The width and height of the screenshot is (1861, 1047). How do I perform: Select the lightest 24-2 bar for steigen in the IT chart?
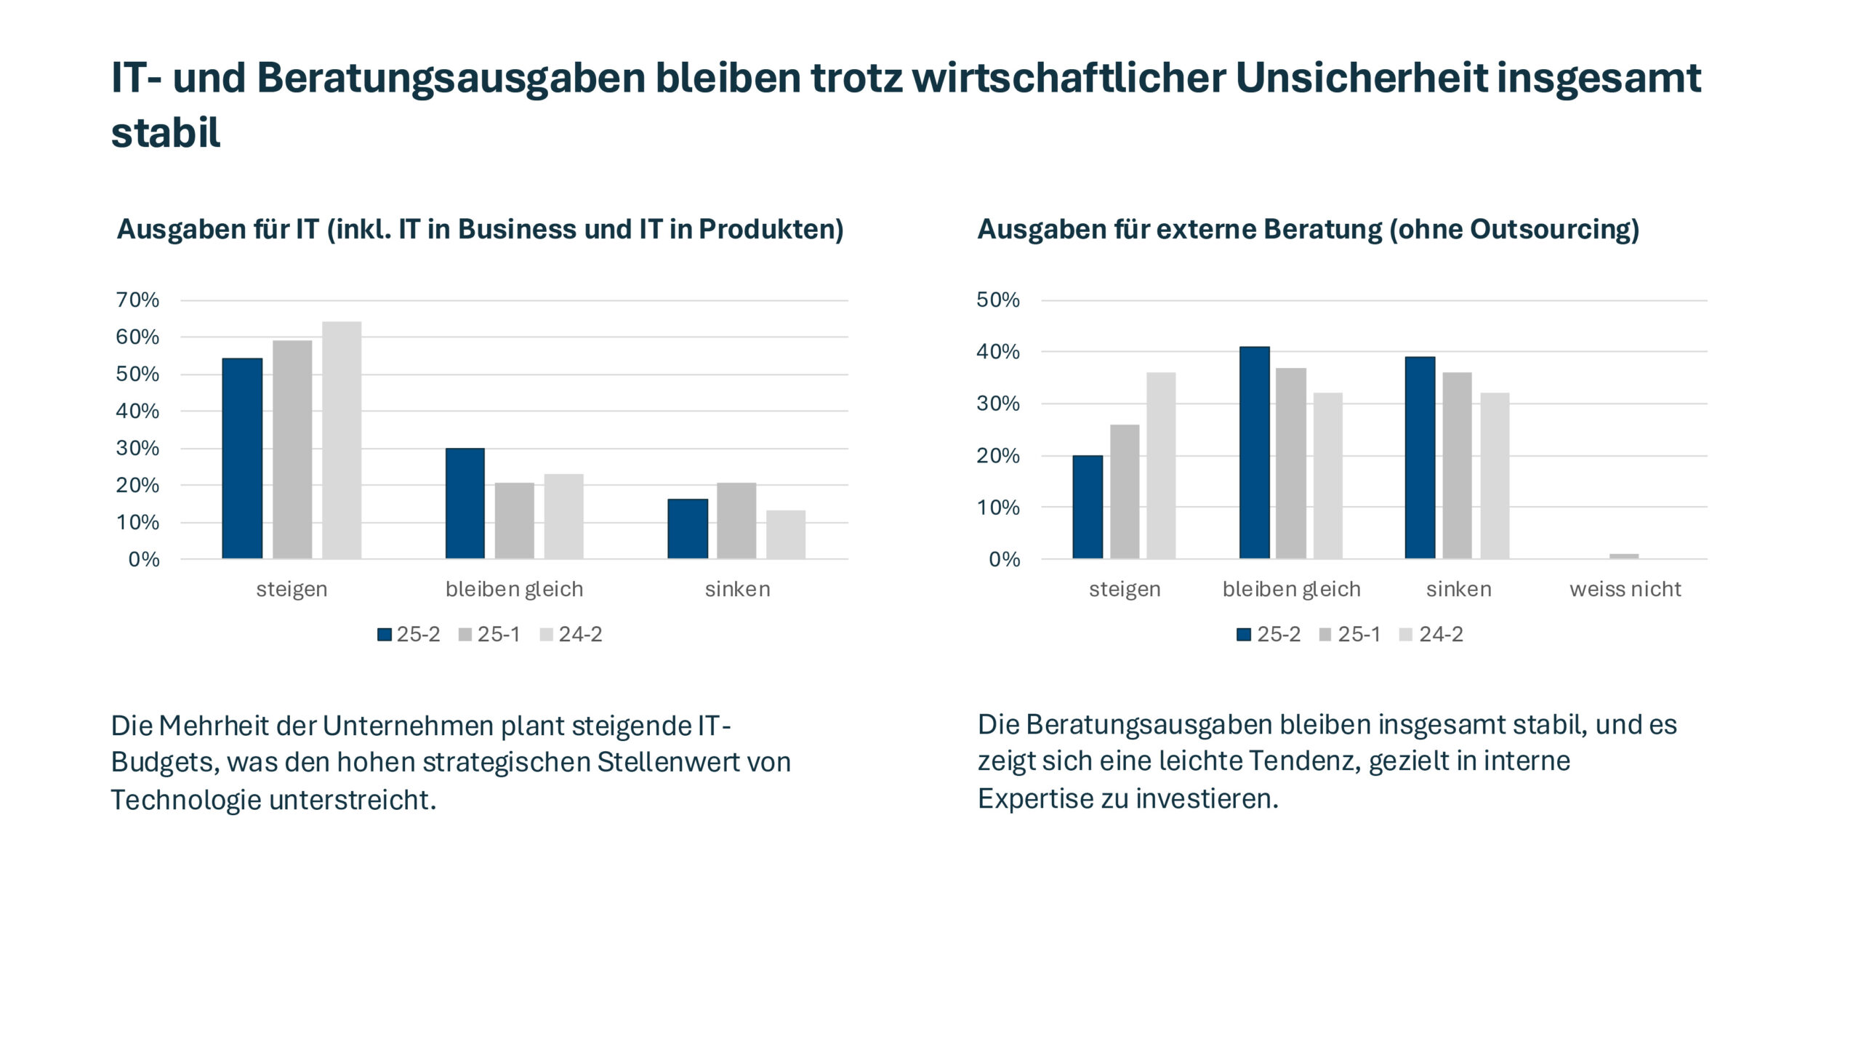[x=342, y=440]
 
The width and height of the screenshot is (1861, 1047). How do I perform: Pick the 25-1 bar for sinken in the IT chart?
[x=736, y=521]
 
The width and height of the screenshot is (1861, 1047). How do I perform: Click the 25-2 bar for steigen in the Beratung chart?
[x=1088, y=507]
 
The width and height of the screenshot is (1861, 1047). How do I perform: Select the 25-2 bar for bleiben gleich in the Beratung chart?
[x=1254, y=452]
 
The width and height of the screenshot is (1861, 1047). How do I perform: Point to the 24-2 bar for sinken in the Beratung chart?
[x=1495, y=476]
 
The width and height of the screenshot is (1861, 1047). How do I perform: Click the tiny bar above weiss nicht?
[x=1624, y=556]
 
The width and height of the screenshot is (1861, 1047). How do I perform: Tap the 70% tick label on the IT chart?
[x=137, y=300]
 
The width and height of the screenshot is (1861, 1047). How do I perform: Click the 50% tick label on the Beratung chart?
[x=998, y=300]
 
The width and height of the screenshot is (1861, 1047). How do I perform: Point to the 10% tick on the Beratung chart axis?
[x=998, y=508]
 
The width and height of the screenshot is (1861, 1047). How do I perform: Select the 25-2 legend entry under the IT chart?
[x=409, y=634]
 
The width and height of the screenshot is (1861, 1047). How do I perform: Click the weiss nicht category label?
[x=1625, y=589]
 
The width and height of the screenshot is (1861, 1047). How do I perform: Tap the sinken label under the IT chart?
[x=737, y=589]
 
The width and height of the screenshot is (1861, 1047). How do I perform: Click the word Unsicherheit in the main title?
[x=1361, y=78]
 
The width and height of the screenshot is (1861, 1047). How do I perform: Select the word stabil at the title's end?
[x=166, y=133]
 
